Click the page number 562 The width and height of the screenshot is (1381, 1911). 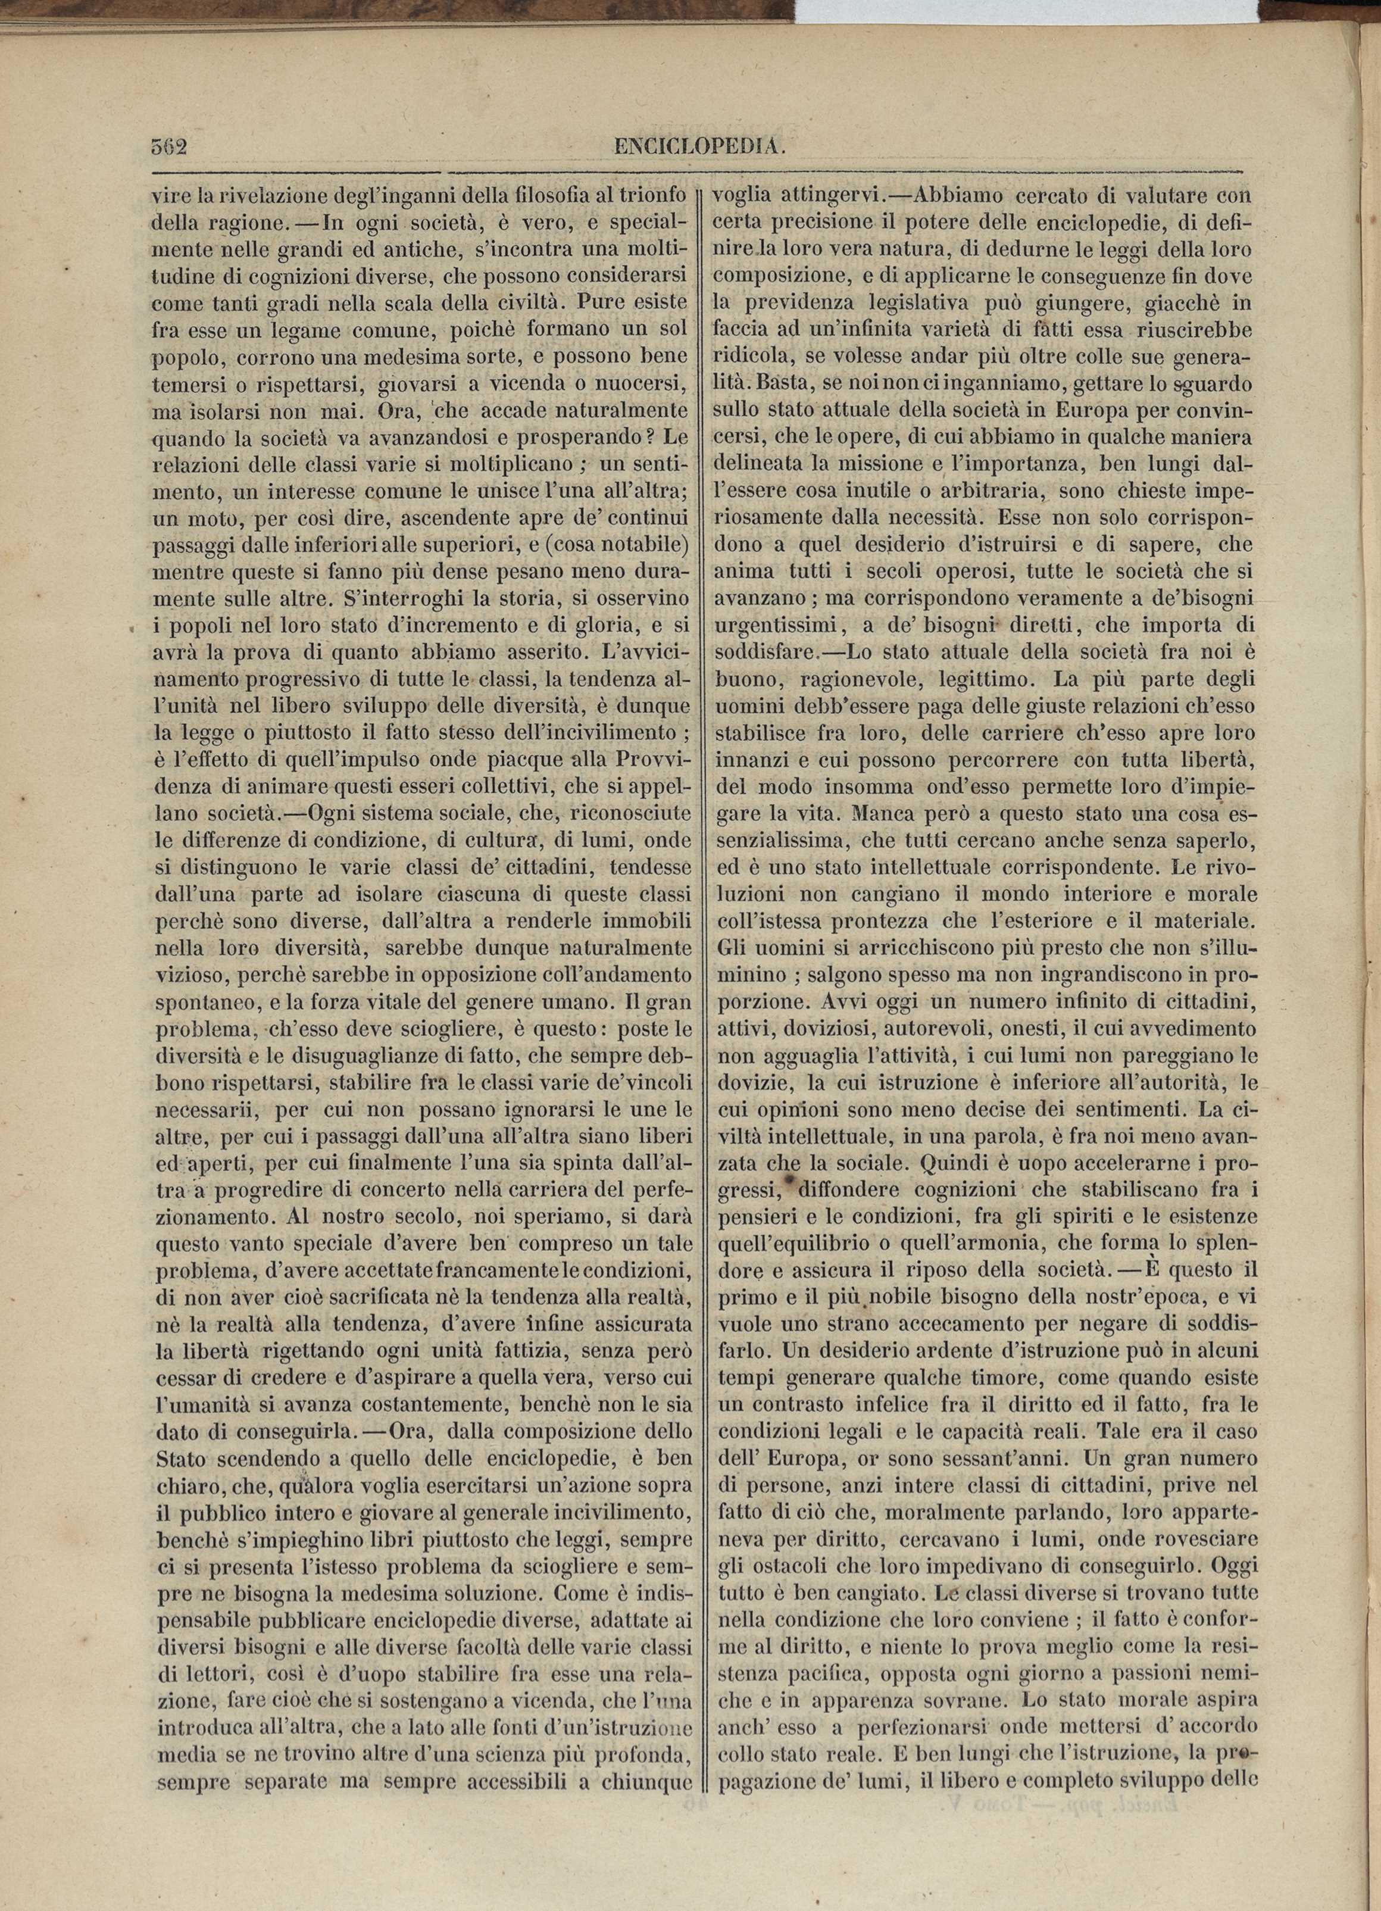(168, 146)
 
